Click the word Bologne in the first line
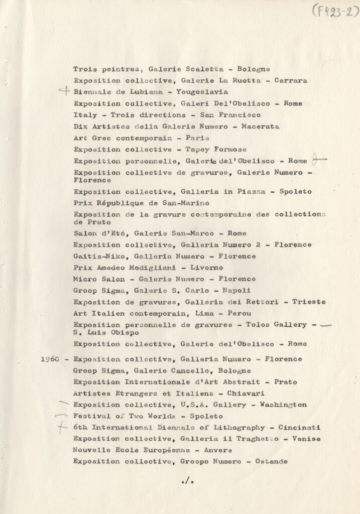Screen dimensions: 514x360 tap(254, 69)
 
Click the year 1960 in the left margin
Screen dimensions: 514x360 tap(52, 359)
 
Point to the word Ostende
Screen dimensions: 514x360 tap(269, 461)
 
